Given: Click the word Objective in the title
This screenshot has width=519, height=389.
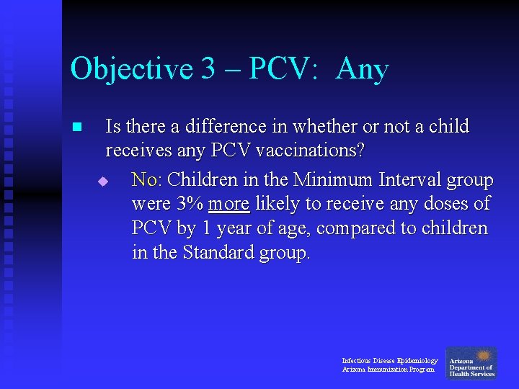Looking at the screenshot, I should [x=132, y=70].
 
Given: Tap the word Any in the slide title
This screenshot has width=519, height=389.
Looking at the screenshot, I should [x=362, y=70].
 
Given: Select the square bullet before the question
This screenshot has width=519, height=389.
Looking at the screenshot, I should [x=78, y=128].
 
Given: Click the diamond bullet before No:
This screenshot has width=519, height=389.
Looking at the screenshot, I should [x=102, y=181].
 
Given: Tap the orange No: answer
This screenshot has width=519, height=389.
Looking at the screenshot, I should [x=147, y=179].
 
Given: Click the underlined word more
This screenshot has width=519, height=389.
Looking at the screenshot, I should [x=229, y=204].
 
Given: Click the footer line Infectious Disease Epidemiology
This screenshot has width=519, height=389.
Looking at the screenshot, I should [x=389, y=360].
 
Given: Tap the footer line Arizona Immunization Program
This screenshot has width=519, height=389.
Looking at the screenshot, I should [x=388, y=370].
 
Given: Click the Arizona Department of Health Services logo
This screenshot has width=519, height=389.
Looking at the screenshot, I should [x=471, y=364].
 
